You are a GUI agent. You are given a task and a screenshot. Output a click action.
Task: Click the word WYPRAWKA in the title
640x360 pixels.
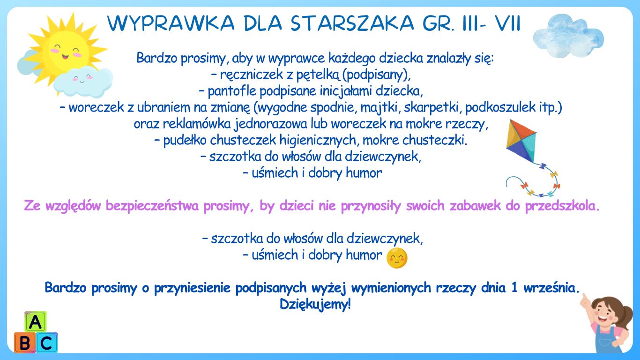coord(171,23)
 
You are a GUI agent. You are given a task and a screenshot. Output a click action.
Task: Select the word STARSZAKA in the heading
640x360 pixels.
coord(352,23)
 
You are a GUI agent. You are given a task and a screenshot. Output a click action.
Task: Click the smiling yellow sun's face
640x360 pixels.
coord(66,52)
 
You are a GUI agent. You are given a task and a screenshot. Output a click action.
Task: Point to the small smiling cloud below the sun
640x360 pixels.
coord(83,82)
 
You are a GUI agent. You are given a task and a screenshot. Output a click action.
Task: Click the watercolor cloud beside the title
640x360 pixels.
coord(569,36)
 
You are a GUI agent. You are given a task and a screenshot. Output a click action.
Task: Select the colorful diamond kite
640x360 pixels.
coord(521,141)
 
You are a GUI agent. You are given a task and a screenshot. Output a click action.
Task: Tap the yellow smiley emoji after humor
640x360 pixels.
coord(397,258)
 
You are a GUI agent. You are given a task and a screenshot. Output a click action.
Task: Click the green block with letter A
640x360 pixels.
coord(36,322)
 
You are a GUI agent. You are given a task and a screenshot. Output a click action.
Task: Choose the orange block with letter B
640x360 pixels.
coord(25,342)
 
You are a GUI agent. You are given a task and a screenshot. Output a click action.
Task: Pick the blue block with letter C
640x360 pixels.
coord(46,342)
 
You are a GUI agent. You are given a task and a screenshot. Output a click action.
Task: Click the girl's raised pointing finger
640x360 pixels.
coord(584,299)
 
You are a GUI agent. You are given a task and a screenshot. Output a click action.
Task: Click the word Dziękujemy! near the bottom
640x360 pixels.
coord(315,304)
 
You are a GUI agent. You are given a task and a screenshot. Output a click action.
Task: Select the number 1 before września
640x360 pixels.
coord(514,287)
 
